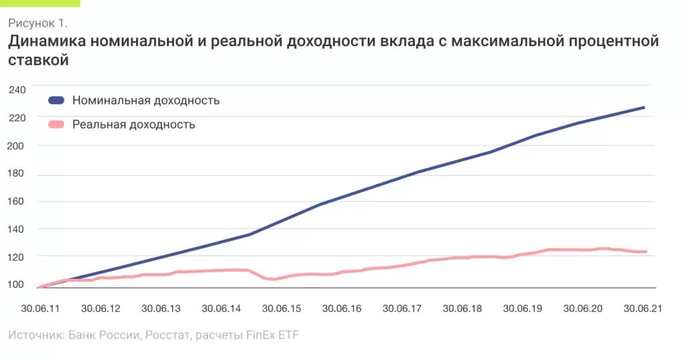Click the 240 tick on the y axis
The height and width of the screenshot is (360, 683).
pos(17,89)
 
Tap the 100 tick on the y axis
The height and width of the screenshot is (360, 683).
pos(17,285)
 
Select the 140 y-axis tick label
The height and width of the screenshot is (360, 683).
pos(17,229)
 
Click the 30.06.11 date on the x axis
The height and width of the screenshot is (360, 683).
pos(40,309)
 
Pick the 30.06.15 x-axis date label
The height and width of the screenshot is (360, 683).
pos(281,309)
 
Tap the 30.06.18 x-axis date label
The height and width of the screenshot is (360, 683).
pos(462,309)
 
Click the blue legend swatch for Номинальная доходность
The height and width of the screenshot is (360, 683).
pos(56,101)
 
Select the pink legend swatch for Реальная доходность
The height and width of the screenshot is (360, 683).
pos(56,125)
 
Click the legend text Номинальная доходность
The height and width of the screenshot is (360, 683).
pos(146,101)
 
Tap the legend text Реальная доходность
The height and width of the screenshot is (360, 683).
pos(133,125)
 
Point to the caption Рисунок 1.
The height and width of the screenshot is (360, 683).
pos(38,23)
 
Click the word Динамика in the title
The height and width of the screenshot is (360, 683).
pos(45,42)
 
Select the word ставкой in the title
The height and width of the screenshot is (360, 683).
pos(39,61)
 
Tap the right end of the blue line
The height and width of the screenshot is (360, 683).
pos(644,107)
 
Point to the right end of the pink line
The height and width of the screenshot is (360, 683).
pos(646,251)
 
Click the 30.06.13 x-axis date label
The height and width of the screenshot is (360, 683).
pos(161,309)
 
